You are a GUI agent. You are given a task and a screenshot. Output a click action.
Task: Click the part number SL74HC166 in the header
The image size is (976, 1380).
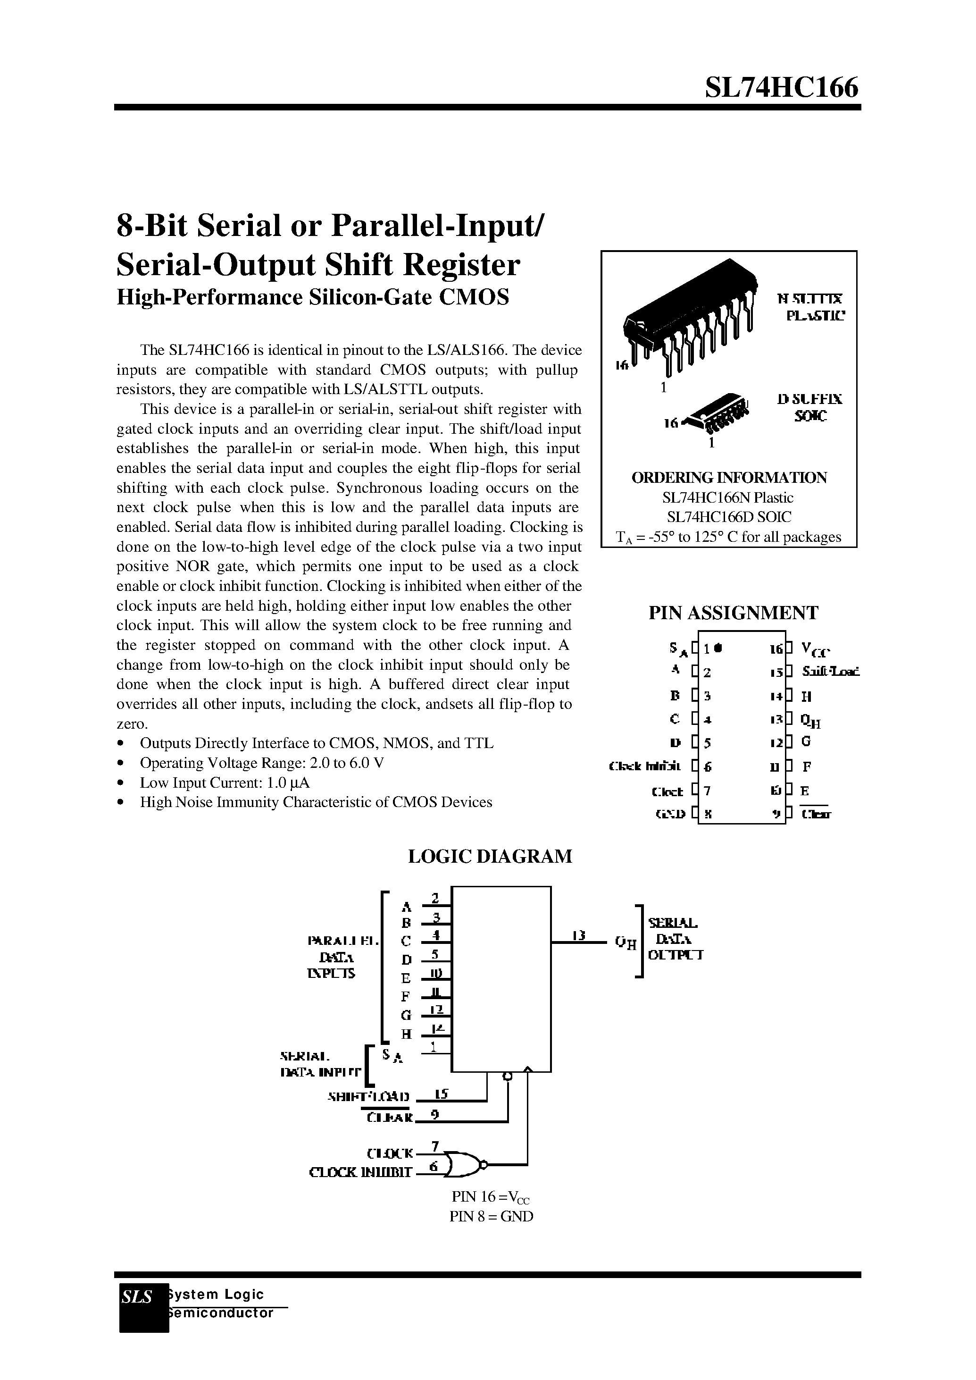(x=781, y=88)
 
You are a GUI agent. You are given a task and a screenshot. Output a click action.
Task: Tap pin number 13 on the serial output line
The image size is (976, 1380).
(x=578, y=935)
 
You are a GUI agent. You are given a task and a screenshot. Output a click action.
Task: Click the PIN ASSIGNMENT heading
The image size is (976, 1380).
(x=733, y=613)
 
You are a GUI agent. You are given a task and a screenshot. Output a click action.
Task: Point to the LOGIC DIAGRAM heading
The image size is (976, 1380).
(x=490, y=856)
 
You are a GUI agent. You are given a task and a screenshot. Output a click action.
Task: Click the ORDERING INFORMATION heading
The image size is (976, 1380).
(x=728, y=478)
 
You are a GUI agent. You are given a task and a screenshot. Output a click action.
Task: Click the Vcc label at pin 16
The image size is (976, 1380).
(x=816, y=650)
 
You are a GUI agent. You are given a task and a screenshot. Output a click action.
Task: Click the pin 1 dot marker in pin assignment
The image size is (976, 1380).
(x=719, y=648)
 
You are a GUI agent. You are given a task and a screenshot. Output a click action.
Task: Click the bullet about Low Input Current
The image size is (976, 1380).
(x=224, y=783)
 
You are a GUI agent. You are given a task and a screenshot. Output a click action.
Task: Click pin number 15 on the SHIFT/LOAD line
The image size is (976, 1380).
(x=441, y=1094)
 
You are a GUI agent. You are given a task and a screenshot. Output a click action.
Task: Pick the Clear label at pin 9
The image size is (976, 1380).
(x=816, y=815)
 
